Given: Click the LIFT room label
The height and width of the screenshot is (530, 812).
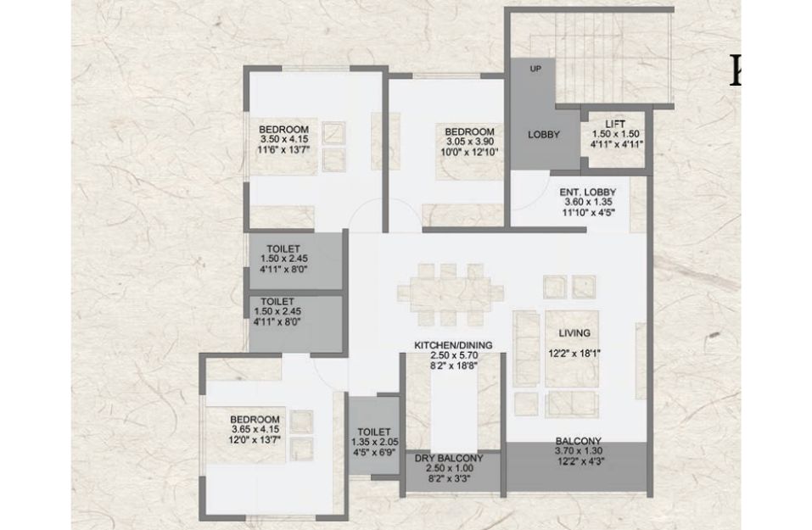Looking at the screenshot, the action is pos(614,124).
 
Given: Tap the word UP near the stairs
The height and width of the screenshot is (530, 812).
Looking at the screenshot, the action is pos(535,69).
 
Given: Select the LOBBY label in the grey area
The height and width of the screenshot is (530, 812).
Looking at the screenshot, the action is pos(544,135).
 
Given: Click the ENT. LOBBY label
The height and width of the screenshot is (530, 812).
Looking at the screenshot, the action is pos(588,192).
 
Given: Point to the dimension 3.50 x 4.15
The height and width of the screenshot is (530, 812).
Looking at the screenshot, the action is pos(284,139).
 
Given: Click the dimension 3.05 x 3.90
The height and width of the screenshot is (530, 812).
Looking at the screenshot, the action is pos(470,142).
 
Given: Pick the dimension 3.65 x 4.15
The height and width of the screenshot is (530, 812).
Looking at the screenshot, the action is pos(255,429).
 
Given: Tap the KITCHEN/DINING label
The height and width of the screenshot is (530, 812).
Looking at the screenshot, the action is pos(453,345).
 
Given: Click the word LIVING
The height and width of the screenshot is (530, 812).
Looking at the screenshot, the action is pos(574,332).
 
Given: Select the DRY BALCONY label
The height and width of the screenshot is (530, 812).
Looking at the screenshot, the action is pos(449,458).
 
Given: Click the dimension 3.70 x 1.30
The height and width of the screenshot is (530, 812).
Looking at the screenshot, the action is pos(579,451).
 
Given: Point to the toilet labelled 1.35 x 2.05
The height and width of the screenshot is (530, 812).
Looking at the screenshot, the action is pos(374,437).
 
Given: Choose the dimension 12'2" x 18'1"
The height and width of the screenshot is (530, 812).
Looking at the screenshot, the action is pos(574,354).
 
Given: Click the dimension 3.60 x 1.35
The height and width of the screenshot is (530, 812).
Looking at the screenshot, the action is pos(588,203).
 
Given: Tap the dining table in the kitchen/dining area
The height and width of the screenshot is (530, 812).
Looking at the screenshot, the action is pos(451,294).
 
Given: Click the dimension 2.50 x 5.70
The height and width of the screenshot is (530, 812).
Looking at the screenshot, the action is pos(453,355).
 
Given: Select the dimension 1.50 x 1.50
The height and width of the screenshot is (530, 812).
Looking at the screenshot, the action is pos(615,133).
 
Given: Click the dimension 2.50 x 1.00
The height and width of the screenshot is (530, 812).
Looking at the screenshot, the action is pos(449,468).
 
